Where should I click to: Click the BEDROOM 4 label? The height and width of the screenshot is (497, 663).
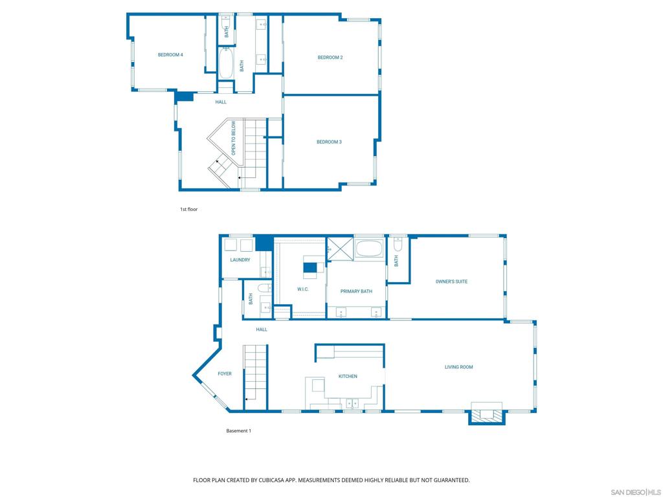(x=170, y=55)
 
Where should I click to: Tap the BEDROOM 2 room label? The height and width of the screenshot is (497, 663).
(x=330, y=58)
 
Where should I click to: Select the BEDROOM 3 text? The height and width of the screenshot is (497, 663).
(x=329, y=142)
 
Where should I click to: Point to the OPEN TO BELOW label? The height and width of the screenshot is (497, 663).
(x=234, y=138)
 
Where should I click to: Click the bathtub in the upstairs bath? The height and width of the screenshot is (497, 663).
(x=226, y=64)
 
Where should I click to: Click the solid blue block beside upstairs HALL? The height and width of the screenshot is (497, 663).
(x=185, y=96)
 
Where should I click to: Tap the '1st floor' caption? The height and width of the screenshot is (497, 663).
(x=188, y=210)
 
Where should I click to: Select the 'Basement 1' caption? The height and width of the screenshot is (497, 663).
(x=238, y=431)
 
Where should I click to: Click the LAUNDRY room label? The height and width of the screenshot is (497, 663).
(x=240, y=260)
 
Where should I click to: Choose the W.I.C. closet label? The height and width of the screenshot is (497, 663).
(x=302, y=289)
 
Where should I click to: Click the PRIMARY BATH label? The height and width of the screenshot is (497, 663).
(x=356, y=292)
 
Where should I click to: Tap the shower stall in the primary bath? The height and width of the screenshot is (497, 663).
(x=339, y=248)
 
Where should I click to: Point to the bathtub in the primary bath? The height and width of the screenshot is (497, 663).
(x=369, y=248)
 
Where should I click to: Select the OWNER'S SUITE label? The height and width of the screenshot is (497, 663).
(x=451, y=282)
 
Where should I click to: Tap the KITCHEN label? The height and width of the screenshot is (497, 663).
(x=348, y=376)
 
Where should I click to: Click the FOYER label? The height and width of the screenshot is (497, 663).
(x=224, y=373)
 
